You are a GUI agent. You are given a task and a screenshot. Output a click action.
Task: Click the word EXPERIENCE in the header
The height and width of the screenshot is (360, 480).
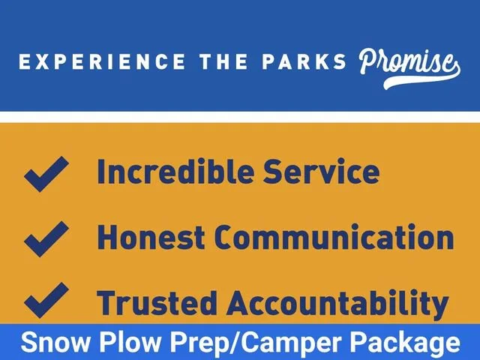102,61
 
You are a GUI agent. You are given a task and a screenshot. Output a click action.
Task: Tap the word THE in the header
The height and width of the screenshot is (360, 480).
223,61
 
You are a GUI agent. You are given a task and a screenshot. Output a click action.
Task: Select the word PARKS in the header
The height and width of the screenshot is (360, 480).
304,61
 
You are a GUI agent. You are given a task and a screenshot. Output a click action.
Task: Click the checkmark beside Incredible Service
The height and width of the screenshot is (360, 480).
46,174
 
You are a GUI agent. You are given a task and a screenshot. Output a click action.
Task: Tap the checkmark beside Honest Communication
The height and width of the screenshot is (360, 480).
46,239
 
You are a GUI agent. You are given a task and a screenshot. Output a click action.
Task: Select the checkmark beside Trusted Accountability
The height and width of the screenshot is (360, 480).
46,300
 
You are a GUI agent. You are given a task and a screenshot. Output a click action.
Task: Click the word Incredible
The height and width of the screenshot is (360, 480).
175,172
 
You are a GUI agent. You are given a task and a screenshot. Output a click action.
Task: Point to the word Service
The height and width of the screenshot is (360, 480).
322,172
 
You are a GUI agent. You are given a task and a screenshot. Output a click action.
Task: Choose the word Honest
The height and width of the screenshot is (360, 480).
151,237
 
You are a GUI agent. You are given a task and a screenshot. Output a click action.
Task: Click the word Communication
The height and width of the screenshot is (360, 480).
334,237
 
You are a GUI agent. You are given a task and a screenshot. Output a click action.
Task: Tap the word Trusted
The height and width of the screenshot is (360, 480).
157,302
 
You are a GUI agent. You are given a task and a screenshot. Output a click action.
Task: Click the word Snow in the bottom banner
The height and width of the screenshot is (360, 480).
55,342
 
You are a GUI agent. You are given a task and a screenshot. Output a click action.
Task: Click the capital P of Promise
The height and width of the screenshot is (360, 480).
368,61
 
